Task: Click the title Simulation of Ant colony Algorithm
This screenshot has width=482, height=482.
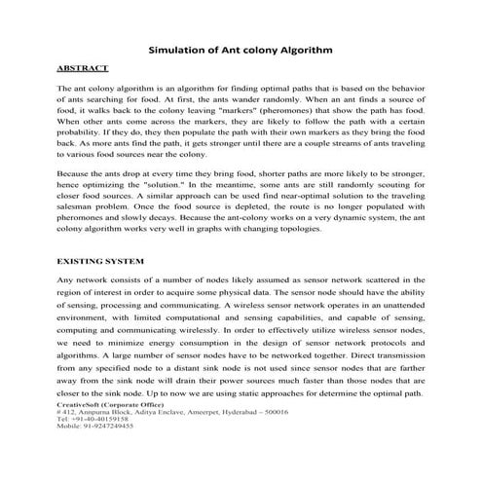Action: click(241, 48)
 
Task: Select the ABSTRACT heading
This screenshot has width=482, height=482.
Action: click(80, 71)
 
